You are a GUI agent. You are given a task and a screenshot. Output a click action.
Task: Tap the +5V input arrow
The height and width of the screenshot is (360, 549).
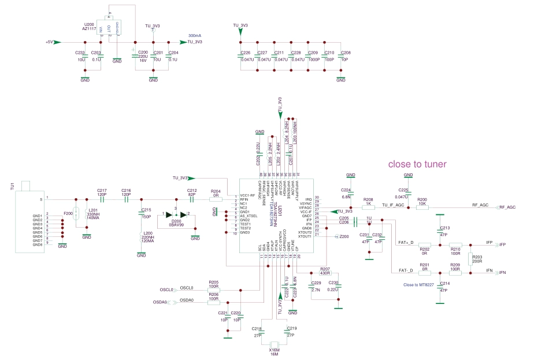coord(57,42)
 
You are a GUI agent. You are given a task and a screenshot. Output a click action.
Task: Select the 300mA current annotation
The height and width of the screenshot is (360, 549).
coord(195,36)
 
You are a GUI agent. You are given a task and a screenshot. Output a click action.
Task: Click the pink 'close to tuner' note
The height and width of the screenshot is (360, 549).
coord(417,164)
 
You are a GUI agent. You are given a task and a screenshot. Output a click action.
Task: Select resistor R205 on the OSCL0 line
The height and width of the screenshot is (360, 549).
coord(214,289)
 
